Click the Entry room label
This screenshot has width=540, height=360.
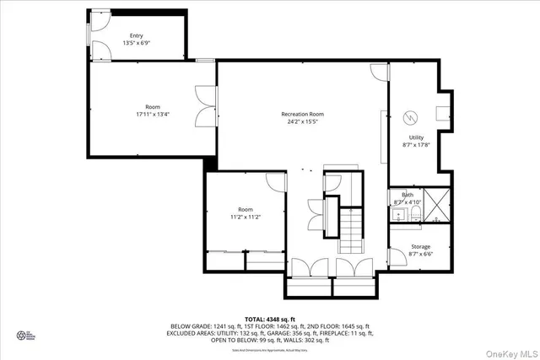pos(137,35)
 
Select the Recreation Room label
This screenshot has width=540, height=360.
pos(302,114)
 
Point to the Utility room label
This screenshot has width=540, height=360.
pos(417,137)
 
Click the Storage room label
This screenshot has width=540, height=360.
pos(419,247)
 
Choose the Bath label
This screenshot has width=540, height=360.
pos(408,196)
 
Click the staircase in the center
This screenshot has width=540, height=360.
pos(350,232)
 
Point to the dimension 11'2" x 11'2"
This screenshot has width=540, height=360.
pos(245,216)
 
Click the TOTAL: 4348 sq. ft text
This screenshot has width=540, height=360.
pos(270,319)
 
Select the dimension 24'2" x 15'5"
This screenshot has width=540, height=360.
pos(302,121)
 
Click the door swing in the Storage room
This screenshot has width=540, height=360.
pos(397,253)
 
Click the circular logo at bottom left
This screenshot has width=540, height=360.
pos(23,335)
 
